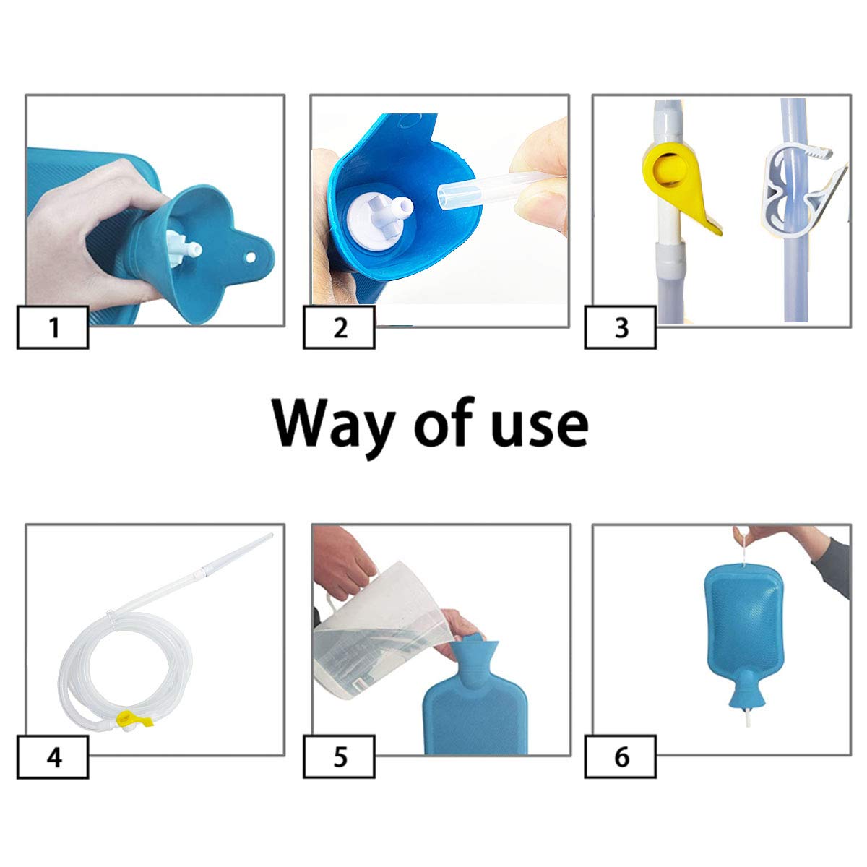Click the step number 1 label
click(x=53, y=327)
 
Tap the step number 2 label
click(x=340, y=327)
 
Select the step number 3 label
click(x=621, y=327)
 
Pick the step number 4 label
click(x=53, y=757)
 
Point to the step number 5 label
click(x=340, y=757)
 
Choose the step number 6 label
click(x=621, y=757)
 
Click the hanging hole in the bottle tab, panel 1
click(x=251, y=257)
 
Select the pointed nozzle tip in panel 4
click(x=270, y=535)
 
